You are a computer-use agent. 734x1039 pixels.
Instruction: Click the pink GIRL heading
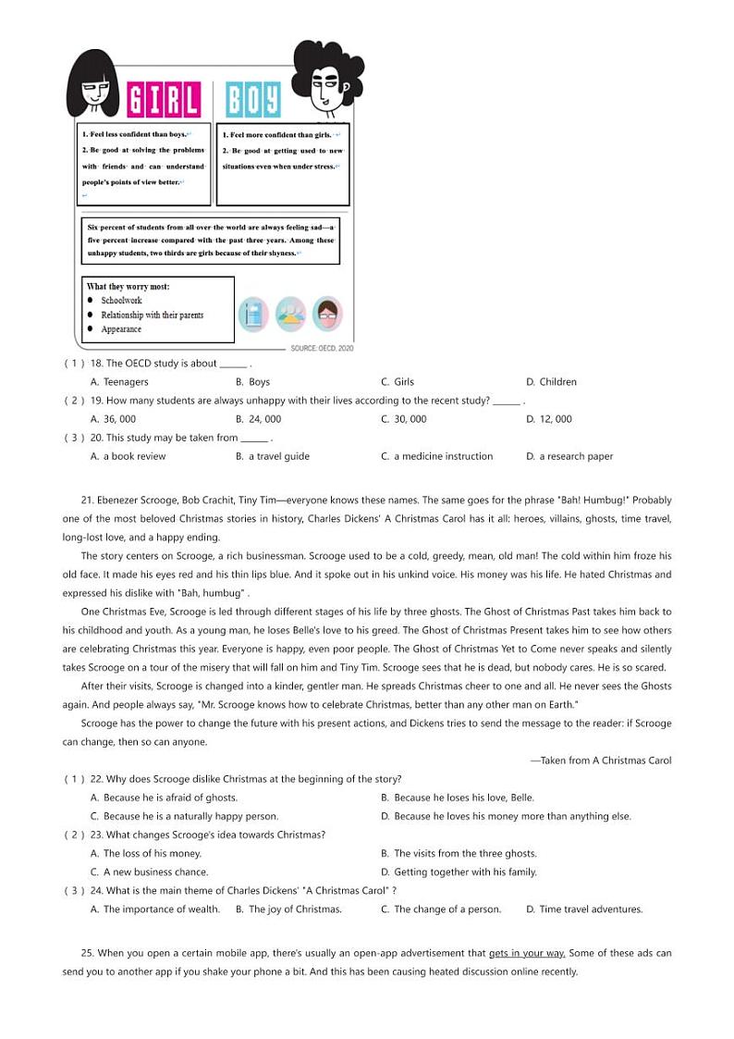[x=163, y=100]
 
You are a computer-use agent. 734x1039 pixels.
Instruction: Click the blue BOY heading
[x=252, y=100]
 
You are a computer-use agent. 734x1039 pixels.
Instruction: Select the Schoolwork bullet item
[x=121, y=301]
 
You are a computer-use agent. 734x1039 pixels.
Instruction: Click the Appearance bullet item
[x=121, y=329]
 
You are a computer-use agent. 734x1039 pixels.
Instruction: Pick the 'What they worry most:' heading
[x=128, y=287]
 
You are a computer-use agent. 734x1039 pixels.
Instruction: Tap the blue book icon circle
[x=253, y=315]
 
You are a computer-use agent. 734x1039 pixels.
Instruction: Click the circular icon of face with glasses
[x=327, y=315]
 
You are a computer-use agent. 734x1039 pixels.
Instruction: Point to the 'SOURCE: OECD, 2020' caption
[x=322, y=349]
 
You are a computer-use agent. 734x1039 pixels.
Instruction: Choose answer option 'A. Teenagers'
[x=119, y=382]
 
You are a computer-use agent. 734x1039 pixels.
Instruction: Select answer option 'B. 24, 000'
[x=258, y=419]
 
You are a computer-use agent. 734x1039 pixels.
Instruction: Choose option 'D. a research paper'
[x=569, y=456]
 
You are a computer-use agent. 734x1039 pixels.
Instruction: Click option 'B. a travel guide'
[x=273, y=456]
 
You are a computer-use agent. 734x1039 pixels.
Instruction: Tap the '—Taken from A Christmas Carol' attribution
[x=600, y=761]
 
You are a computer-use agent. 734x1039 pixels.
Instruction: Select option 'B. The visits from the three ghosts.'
[x=459, y=854]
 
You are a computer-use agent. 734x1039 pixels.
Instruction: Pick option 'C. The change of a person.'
[x=441, y=909]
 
